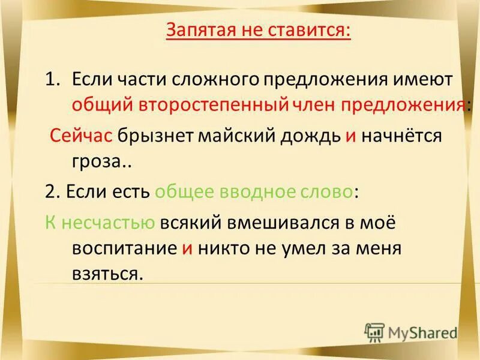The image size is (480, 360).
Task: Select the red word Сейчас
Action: (x=81, y=136)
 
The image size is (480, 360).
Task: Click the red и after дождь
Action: (x=351, y=136)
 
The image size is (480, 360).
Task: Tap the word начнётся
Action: (x=402, y=136)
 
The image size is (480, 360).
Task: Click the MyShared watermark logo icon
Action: (x=375, y=332)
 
